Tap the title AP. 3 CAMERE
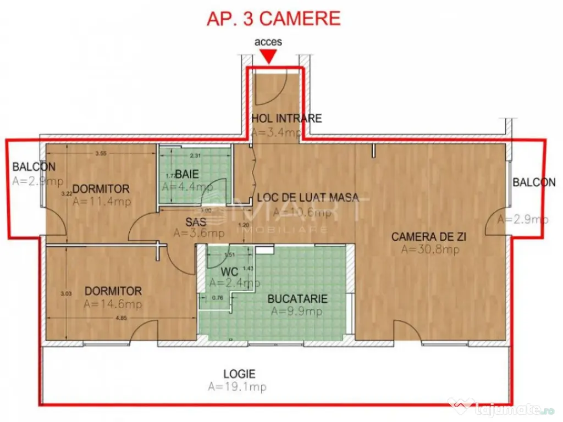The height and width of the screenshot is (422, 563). click(x=273, y=18)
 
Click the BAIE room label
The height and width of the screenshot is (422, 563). click(x=184, y=175)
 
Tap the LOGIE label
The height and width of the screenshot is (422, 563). click(x=239, y=374)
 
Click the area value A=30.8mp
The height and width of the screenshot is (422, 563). click(x=430, y=249)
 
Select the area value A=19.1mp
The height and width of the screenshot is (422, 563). click(x=237, y=387)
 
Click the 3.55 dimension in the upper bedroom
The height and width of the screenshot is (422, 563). click(x=101, y=154)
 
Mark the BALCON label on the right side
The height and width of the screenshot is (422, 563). click(x=534, y=182)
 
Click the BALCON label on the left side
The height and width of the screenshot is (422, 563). click(x=34, y=166)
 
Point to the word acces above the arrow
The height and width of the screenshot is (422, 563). click(x=268, y=42)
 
